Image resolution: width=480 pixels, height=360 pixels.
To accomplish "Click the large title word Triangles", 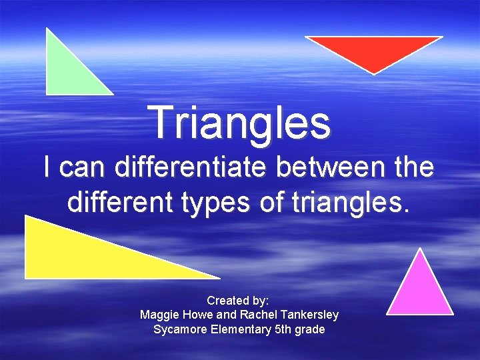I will pos(241,123).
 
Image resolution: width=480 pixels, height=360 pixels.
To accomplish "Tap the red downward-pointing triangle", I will pos(374,49).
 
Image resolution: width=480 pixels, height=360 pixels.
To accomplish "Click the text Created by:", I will pos(238,301).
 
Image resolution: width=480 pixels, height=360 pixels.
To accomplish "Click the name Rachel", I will pos(257,315).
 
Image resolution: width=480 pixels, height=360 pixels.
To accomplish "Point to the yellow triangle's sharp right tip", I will pos(218,277).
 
